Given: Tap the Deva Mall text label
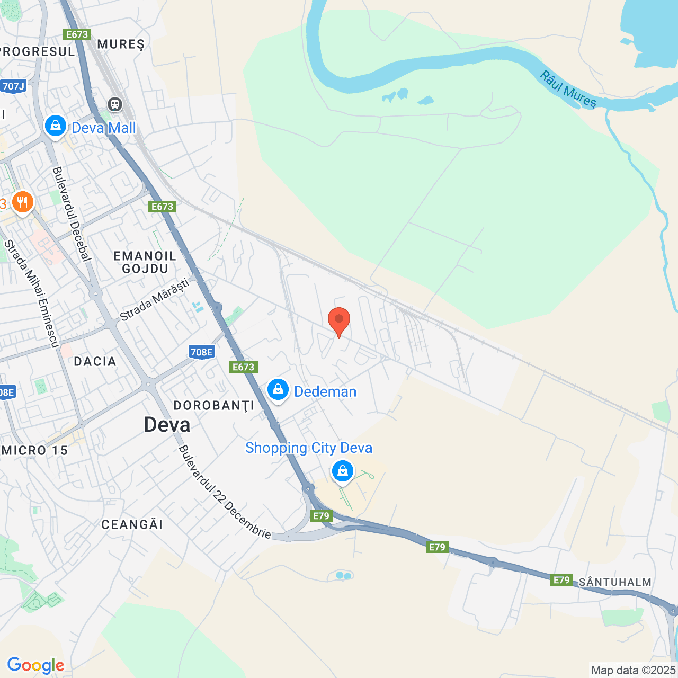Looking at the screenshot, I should point(104,128).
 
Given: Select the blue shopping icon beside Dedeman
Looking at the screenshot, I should point(278,390).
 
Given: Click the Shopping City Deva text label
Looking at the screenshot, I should point(309,448).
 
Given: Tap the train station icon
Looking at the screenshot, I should point(115,104).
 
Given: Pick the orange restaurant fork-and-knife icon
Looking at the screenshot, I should point(22,202).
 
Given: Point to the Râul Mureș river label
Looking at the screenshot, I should point(568,90).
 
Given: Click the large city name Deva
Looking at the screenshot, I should point(167,425).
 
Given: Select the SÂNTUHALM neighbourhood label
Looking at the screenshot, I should point(614,582).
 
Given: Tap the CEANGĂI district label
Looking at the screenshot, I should point(132,524).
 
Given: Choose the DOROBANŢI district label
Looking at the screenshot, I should point(214,406).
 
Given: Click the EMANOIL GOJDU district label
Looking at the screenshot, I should point(145,262).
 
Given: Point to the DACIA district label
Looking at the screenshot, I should point(95,361).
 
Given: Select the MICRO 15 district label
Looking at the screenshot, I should point(34,450).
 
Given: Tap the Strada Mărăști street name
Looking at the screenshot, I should point(154,300).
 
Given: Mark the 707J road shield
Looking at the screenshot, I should point(13,86).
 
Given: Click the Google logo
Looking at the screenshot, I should point(35,665).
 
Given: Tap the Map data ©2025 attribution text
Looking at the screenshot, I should point(634,670).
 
